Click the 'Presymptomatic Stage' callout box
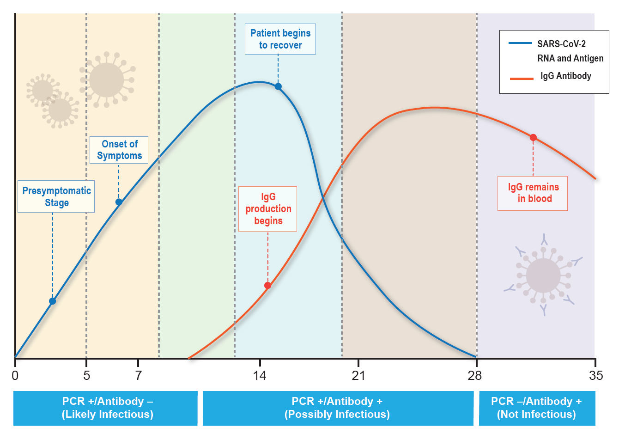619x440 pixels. [x=56, y=196]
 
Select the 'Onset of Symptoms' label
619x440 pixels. [x=119, y=150]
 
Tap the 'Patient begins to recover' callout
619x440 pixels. [x=280, y=39]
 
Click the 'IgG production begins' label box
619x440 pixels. [x=268, y=209]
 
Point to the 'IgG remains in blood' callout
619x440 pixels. [x=533, y=193]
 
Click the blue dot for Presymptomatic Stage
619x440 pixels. [x=53, y=301]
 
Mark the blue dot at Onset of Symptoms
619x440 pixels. [x=119, y=202]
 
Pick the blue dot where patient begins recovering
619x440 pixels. [x=278, y=86]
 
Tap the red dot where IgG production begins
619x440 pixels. [x=267, y=286]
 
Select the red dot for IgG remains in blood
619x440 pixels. [x=533, y=137]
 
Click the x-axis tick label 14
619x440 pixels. [x=260, y=375]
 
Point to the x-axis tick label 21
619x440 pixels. [x=358, y=375]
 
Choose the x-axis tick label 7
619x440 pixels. [x=139, y=375]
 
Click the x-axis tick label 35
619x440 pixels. [x=596, y=375]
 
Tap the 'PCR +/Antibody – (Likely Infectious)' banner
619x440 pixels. [x=106, y=408]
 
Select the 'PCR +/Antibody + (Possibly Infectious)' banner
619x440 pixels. [x=338, y=408]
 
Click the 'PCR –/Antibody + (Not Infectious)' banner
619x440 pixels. [x=537, y=408]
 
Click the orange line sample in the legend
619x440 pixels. [x=522, y=79]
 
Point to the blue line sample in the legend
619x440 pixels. [x=520, y=43]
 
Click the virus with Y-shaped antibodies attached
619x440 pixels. [x=544, y=275]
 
